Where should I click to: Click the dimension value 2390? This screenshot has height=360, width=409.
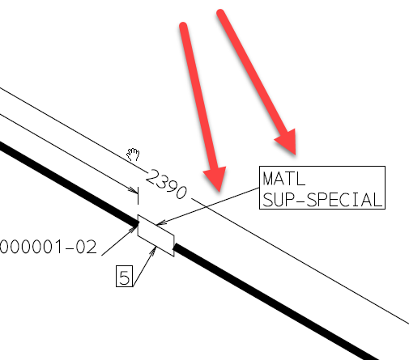[x=166, y=184]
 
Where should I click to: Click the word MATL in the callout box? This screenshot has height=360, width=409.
[x=283, y=179]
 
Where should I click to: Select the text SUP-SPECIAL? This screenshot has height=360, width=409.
[x=323, y=200]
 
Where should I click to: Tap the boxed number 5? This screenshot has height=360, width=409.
[x=125, y=277]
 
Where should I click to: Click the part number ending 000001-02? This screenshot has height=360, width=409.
[x=48, y=247]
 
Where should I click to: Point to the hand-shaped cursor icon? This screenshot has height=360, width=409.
[x=134, y=155]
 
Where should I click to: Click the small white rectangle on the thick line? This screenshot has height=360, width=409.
[x=156, y=235]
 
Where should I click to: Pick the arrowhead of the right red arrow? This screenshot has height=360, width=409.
[x=288, y=142]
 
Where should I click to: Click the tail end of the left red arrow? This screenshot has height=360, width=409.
[x=183, y=26]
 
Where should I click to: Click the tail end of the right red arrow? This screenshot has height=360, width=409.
[x=220, y=13]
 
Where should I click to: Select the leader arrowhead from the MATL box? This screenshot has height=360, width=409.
[x=160, y=223]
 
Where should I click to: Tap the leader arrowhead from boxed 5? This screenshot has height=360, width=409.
[x=154, y=250]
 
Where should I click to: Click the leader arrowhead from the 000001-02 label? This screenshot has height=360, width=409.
[x=134, y=228]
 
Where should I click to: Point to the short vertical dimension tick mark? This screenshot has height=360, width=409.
[x=138, y=196]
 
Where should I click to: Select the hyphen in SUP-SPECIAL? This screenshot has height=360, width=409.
[x=300, y=201]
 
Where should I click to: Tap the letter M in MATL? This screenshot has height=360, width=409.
[x=268, y=179]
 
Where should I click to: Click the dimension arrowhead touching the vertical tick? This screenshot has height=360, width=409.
[x=134, y=190]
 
